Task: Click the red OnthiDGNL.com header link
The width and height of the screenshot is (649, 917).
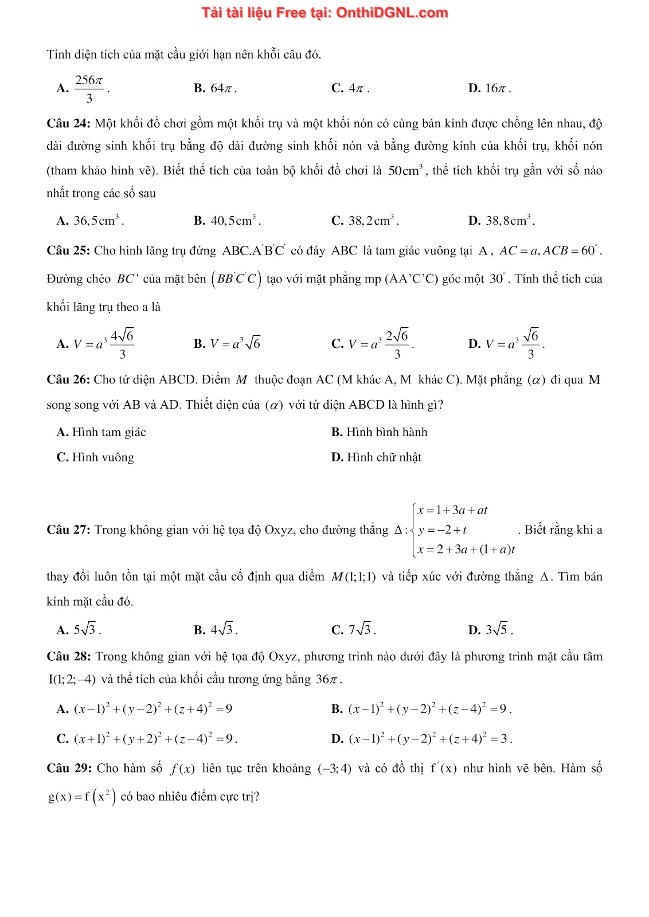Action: pyautogui.click(x=324, y=13)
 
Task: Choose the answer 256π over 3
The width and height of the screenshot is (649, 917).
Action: pyautogui.click(x=89, y=88)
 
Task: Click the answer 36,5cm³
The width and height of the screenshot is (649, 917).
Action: pyautogui.click(x=97, y=221)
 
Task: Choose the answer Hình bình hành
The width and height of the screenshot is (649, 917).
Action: pyautogui.click(x=386, y=432)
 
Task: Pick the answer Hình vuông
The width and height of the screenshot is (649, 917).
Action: pyautogui.click(x=103, y=457)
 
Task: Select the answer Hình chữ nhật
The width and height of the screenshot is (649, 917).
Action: pyautogui.click(x=384, y=457)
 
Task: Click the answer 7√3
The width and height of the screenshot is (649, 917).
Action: pyautogui.click(x=361, y=630)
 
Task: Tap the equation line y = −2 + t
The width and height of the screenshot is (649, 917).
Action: pyautogui.click(x=442, y=530)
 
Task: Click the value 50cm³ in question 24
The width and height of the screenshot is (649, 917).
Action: pyautogui.click(x=405, y=171)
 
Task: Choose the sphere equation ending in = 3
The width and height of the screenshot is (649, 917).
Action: pyautogui.click(x=429, y=739)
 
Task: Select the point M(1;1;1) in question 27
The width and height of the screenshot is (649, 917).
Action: pyautogui.click(x=354, y=577)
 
